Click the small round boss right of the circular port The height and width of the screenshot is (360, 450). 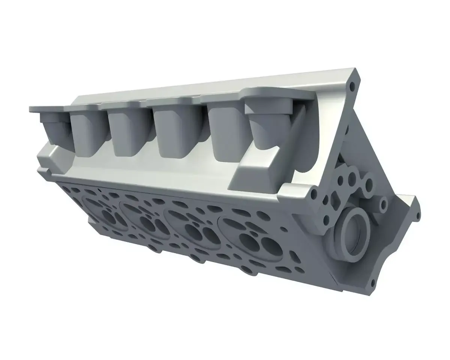383,205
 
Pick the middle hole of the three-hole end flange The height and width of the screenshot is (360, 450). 351,177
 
